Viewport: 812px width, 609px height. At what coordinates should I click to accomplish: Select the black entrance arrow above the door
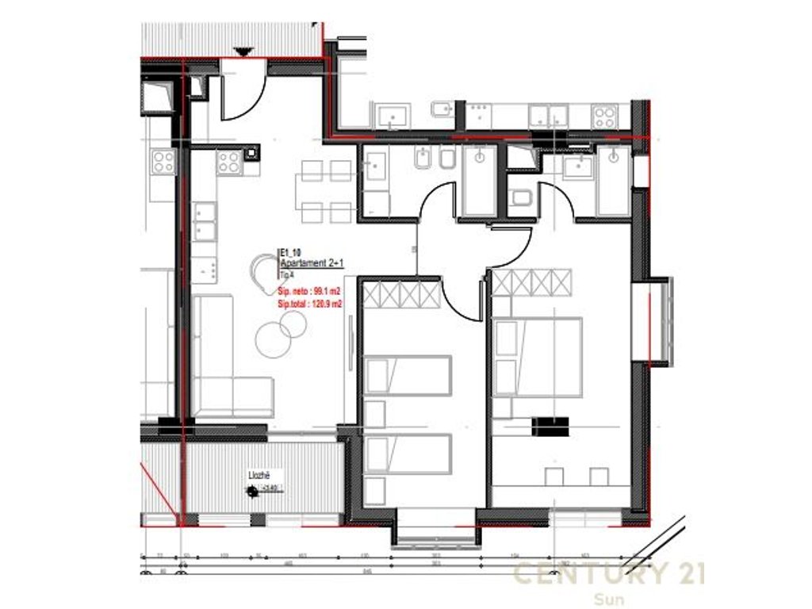[243, 52]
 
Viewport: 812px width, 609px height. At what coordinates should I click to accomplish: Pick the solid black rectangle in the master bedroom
[551, 427]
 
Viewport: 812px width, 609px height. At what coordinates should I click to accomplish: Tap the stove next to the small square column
[229, 162]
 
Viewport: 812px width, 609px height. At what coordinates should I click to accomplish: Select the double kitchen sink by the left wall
[205, 221]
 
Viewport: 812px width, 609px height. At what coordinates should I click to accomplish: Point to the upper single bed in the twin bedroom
[408, 375]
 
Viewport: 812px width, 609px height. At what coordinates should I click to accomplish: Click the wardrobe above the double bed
[532, 282]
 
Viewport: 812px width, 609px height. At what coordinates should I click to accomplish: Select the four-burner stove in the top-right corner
[604, 117]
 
